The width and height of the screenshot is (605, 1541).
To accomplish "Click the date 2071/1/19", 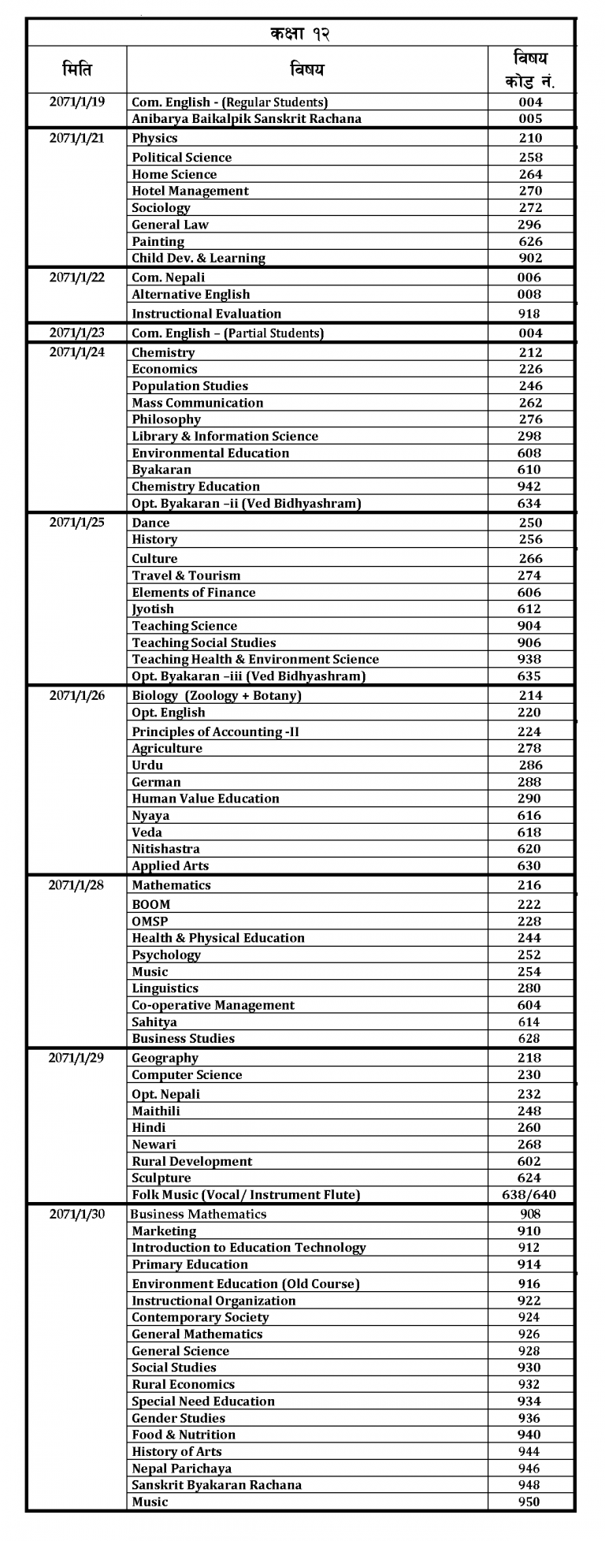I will pos(76,102).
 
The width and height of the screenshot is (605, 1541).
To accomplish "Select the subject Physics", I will pos(154,138).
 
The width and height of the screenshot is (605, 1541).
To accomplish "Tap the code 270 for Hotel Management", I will pos(530,191).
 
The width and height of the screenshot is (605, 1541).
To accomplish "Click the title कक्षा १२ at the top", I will pos(299,34).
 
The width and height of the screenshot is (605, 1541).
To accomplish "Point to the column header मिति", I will pos(76,70).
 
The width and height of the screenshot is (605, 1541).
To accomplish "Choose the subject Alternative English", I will pos(191,294).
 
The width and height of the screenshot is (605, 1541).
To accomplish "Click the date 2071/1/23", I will pos(76,333).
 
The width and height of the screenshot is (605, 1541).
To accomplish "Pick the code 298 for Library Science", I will pos(530,436).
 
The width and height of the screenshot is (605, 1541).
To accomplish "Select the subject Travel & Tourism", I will pos(186,575).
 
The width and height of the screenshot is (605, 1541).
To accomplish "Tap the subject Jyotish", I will pos(153,609).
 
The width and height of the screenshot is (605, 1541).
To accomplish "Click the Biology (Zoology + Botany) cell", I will pos(217,695).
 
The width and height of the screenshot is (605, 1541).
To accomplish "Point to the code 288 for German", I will pos(530,782).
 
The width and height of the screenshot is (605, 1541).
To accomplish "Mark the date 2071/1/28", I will pos(76,884).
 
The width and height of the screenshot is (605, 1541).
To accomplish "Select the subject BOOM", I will pos(151,904).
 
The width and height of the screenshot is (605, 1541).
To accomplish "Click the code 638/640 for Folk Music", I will pos(529,1194).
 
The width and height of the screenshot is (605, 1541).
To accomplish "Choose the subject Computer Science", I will pos(187,1074).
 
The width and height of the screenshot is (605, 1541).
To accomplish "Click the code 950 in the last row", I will pos(529,1502).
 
